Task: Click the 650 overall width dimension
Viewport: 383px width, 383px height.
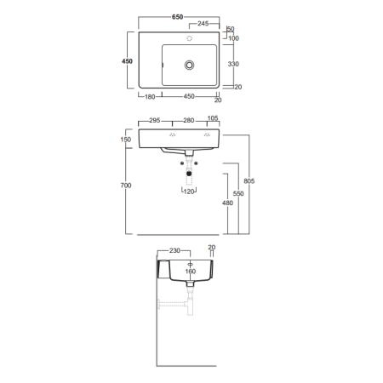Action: [177, 17]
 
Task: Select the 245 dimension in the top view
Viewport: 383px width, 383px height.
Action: [203, 24]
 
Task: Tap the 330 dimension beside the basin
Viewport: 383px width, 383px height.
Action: [233, 64]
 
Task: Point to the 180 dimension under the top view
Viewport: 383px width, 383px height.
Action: [150, 97]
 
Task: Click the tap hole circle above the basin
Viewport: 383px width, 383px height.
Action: [190, 38]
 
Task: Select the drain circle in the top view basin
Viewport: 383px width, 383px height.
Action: [189, 65]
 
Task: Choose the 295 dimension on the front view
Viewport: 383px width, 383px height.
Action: [155, 120]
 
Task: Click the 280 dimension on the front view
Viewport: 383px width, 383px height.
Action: [189, 120]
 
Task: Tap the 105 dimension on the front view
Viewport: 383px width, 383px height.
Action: [213, 118]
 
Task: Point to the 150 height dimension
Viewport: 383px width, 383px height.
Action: [126, 140]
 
